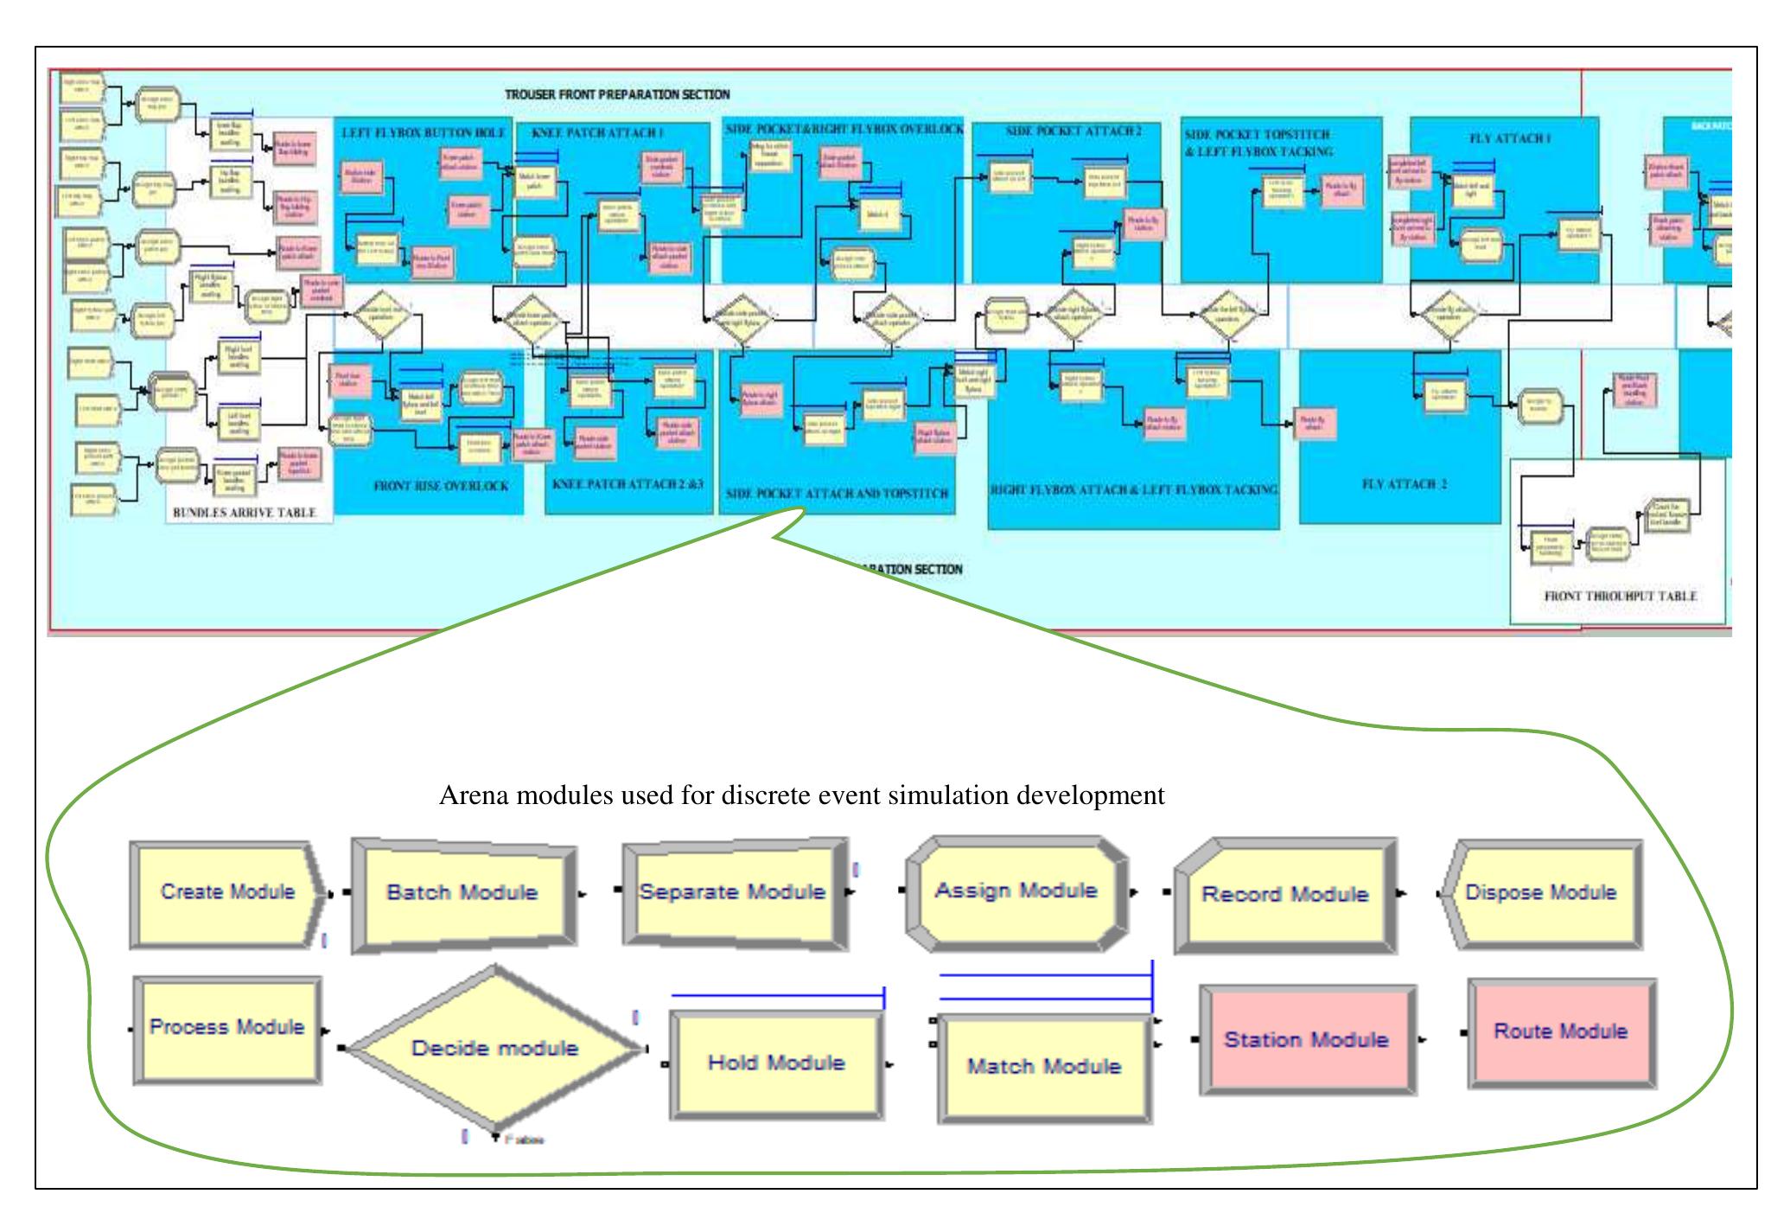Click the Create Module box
click(x=227, y=893)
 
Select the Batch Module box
click(x=462, y=893)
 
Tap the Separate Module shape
click(x=732, y=892)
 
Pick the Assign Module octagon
click(x=1016, y=891)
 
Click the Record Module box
click(x=1284, y=895)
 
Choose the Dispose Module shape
click(x=1540, y=893)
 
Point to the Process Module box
click(x=226, y=1028)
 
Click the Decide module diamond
click(x=494, y=1049)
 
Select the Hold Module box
click(x=775, y=1063)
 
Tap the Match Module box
click(x=1043, y=1067)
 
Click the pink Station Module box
click(x=1306, y=1040)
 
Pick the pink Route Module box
click(x=1560, y=1032)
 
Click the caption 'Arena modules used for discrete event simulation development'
click(x=801, y=795)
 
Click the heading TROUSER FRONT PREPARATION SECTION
click(x=617, y=94)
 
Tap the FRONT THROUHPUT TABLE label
click(x=1620, y=597)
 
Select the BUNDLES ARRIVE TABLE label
click(x=245, y=513)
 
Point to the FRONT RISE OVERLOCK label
click(x=441, y=487)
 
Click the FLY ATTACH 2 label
click(x=1404, y=484)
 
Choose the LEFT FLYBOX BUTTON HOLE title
click(x=424, y=133)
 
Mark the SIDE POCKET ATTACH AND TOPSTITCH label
click(x=837, y=494)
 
